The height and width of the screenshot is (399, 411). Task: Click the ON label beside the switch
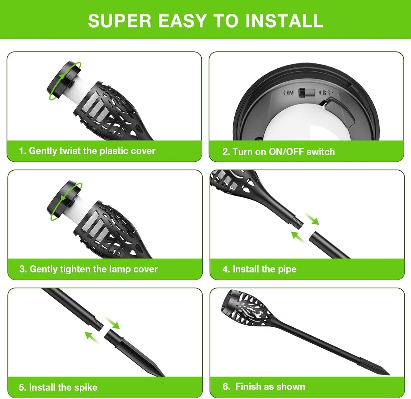pos(288,93)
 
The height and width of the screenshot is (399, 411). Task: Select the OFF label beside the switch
pos(326,93)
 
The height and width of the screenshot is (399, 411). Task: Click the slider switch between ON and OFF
pos(307,93)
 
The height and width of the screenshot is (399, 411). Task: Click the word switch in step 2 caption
pos(321,152)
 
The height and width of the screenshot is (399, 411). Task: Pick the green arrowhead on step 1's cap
pos(61,76)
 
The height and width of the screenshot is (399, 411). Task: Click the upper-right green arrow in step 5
pos(113,323)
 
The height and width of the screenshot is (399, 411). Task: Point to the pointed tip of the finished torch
pos(389,375)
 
